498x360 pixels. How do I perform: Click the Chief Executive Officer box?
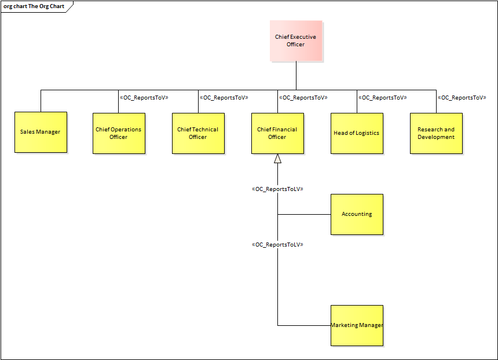click(295, 41)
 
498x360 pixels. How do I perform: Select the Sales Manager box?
click(41, 132)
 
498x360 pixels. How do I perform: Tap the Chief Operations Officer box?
click(119, 133)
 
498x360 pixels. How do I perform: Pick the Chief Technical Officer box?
click(198, 133)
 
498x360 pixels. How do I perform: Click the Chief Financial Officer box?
click(277, 133)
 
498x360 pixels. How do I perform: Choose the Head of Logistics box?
click(357, 133)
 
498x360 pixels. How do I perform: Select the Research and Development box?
click(436, 133)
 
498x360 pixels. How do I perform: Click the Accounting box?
click(357, 214)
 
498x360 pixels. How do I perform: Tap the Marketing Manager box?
click(357, 325)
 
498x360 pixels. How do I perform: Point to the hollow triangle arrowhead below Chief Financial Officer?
click(278, 159)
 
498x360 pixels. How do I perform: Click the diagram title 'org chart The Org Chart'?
click(34, 6)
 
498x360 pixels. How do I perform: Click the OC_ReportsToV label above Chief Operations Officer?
click(144, 98)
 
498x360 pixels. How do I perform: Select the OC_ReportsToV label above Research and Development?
click(462, 98)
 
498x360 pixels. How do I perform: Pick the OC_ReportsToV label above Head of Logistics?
click(382, 98)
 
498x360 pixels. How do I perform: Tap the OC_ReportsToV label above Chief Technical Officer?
click(224, 98)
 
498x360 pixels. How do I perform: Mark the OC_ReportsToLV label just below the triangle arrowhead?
click(278, 189)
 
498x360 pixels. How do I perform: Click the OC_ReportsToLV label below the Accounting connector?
click(278, 245)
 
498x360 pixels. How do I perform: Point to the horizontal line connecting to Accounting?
click(304, 214)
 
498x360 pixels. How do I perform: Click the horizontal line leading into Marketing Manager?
click(304, 325)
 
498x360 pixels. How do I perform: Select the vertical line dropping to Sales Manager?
click(41, 101)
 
